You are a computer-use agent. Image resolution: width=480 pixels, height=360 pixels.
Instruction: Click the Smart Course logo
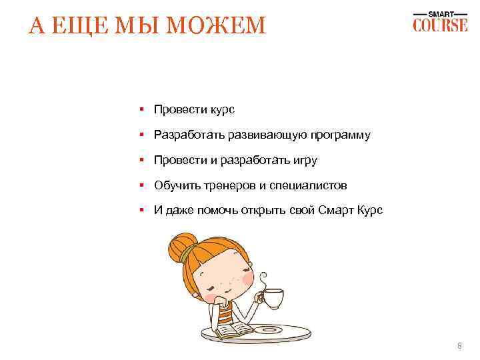tap(440, 21)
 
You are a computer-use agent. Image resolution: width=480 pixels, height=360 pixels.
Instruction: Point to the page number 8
tap(459, 345)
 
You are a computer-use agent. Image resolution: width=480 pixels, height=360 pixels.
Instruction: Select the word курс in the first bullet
tap(221, 109)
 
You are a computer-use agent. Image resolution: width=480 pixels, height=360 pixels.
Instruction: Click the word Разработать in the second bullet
tap(189, 135)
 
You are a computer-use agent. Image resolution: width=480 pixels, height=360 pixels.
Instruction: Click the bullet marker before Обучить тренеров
tap(142, 185)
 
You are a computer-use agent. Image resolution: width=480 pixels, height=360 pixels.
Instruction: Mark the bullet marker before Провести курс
tap(142, 109)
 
